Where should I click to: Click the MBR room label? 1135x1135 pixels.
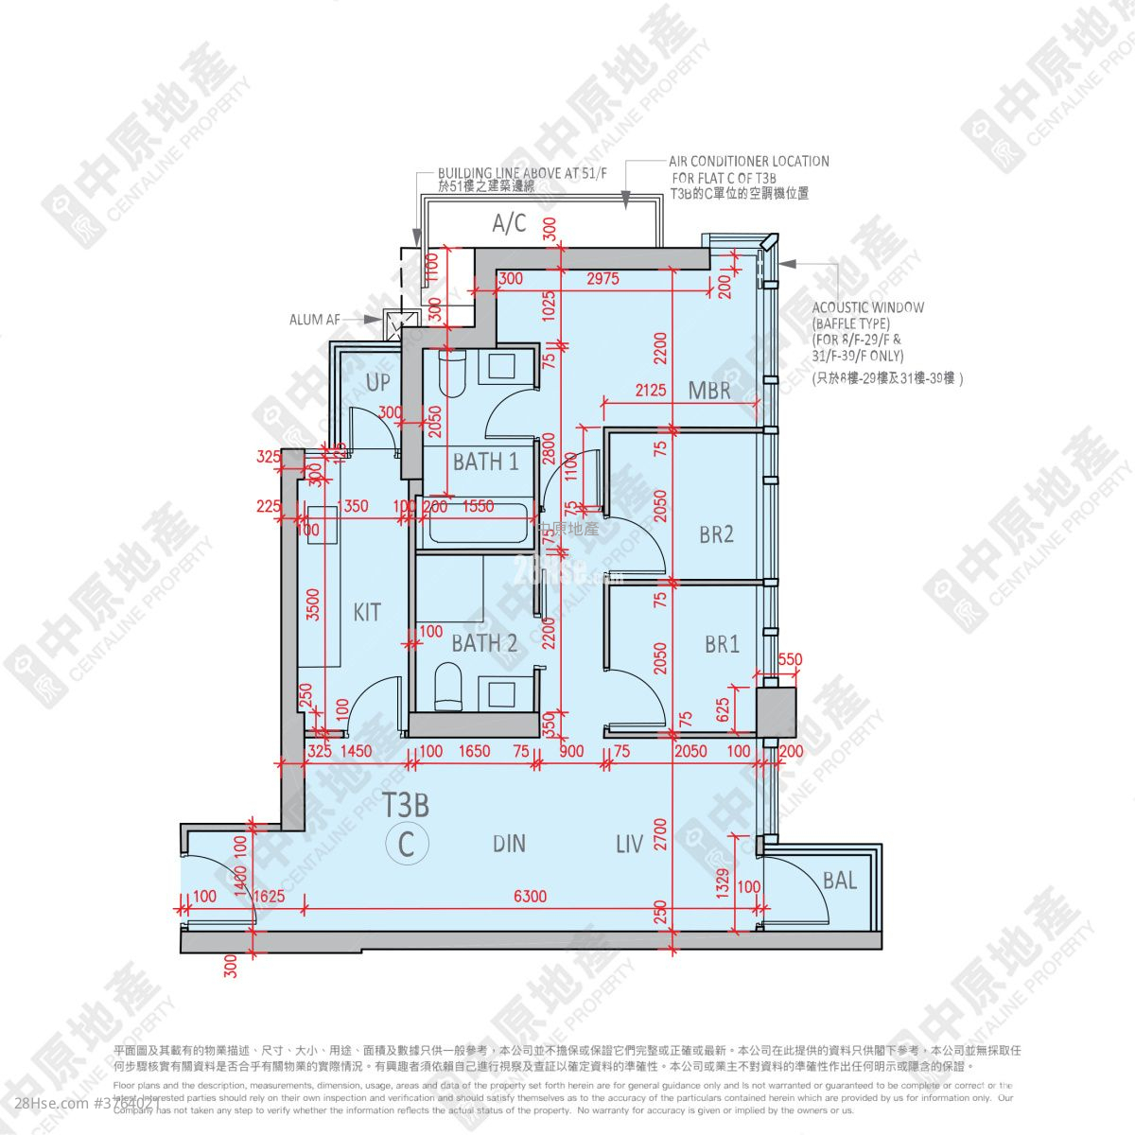pos(709,390)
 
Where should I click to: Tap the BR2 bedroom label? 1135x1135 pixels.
pos(717,534)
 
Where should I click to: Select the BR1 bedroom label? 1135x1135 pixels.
pos(722,645)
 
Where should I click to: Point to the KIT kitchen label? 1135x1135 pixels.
pos(367,612)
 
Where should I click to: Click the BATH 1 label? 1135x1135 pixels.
pos(485,463)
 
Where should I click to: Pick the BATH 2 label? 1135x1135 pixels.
pos(484,644)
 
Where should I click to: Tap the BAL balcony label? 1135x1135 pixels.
pos(840,882)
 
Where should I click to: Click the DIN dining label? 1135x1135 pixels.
pos(509,844)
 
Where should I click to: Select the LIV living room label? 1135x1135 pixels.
pos(629,844)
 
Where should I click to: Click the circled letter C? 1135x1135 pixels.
pos(407,842)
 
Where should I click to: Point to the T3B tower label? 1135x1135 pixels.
pos(407,806)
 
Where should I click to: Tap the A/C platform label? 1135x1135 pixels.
pos(509,224)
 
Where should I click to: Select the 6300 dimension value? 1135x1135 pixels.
pos(531,896)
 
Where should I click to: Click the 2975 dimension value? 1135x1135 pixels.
pos(602,279)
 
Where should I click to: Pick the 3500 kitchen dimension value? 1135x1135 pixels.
pos(313,605)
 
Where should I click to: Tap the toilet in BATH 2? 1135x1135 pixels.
pos(445,685)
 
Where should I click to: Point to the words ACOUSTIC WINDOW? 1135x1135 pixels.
pos(867,307)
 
